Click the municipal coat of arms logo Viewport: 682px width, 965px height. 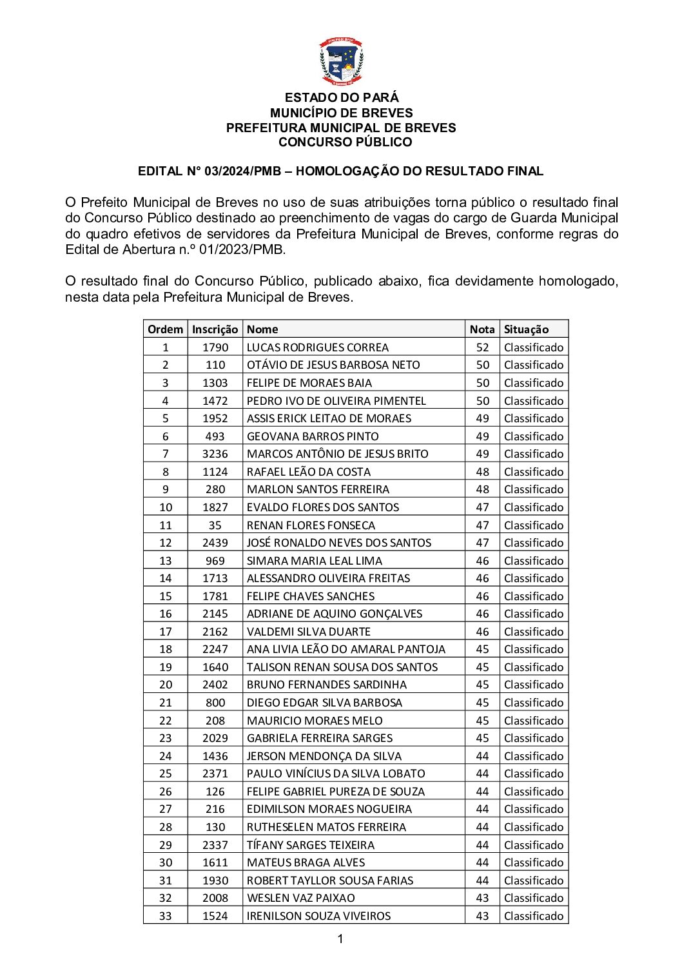[x=341, y=62]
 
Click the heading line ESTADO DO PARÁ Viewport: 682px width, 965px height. [x=341, y=97]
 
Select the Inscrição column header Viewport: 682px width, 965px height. [x=215, y=329]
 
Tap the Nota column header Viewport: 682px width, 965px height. [x=482, y=329]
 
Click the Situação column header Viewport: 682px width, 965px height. [x=526, y=329]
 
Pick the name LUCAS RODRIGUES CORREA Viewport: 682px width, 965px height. [x=317, y=347]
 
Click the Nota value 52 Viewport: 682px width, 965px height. [x=482, y=347]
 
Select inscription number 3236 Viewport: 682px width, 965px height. [x=215, y=454]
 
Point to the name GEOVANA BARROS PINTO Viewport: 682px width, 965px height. [x=313, y=436]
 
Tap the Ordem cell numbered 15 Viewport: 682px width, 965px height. [x=165, y=596]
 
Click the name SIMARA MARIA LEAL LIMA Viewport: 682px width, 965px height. [x=314, y=561]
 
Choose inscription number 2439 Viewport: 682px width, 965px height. [x=215, y=543]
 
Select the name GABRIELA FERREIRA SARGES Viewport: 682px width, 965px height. [x=319, y=738]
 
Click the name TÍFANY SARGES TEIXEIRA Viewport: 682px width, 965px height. [x=310, y=845]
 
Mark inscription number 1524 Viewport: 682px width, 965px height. [x=215, y=916]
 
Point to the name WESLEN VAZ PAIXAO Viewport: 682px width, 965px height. [x=300, y=898]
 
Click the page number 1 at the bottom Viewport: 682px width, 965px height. [x=340, y=939]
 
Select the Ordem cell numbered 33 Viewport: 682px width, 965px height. [x=165, y=916]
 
